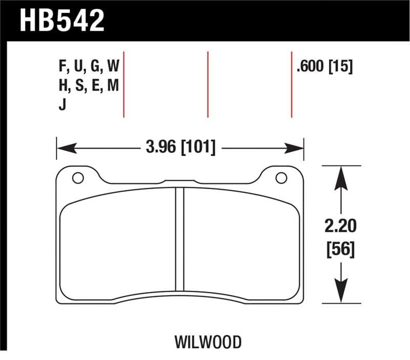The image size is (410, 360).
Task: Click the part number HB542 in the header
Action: tap(62, 20)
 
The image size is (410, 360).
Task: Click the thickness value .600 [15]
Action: tap(324, 67)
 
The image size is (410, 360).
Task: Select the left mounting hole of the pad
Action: tap(78, 178)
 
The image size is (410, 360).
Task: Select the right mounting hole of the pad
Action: tap(281, 178)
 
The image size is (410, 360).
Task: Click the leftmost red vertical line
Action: tap(124, 85)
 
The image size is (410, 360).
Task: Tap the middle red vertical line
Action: tap(208, 85)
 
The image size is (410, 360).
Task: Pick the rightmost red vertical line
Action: tap(291, 85)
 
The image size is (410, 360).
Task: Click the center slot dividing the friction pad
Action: tap(179, 238)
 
